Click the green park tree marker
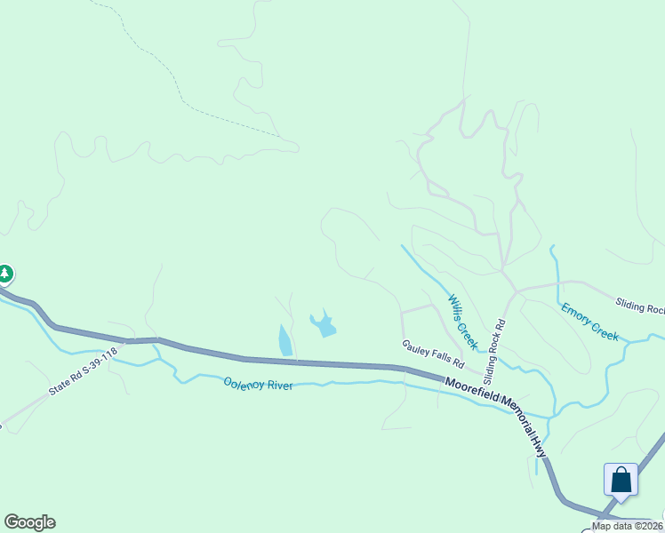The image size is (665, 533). tap(4, 273)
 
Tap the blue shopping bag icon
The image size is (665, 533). tap(621, 480)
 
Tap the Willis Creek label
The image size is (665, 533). tap(463, 322)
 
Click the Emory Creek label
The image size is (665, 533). tap(589, 321)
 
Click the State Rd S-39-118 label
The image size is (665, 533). tap(84, 372)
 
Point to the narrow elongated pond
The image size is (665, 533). tap(284, 340)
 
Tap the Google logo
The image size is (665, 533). tap(29, 522)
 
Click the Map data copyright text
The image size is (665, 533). tap(627, 526)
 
